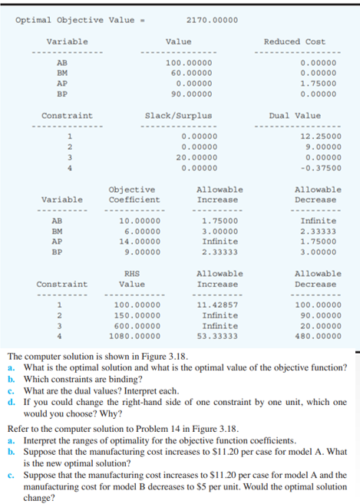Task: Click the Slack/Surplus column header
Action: (x=178, y=116)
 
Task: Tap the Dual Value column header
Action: (x=295, y=116)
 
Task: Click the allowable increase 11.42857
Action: (x=217, y=305)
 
